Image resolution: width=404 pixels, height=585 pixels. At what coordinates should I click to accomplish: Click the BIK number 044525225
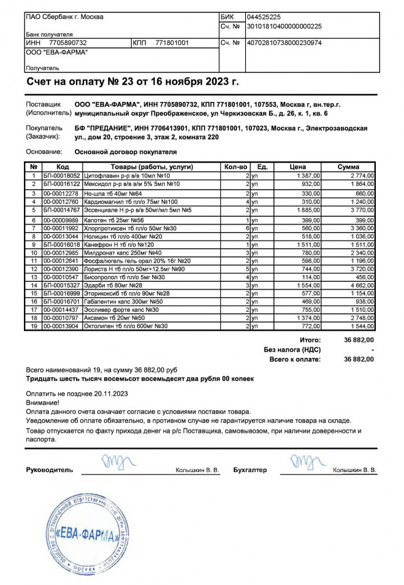pyautogui.click(x=264, y=17)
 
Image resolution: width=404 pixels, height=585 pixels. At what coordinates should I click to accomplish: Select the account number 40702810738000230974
pyautogui.click(x=284, y=43)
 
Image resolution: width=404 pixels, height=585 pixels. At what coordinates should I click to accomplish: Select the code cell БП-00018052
pyautogui.click(x=61, y=176)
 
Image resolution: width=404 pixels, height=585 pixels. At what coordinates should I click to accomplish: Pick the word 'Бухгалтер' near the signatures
pyautogui.click(x=250, y=470)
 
